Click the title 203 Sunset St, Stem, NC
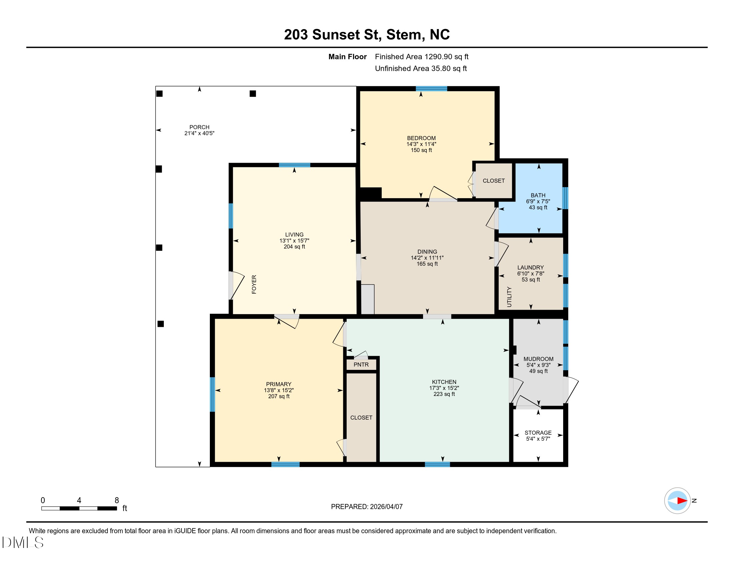tap(367, 35)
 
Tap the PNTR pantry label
tap(361, 365)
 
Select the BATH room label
tap(538, 195)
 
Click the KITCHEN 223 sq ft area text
tap(444, 394)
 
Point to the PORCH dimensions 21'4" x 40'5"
tap(199, 133)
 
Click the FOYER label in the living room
tap(254, 284)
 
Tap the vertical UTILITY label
tap(509, 297)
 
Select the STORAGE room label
tap(538, 433)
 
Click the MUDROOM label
tap(538, 359)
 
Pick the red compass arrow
tap(682, 501)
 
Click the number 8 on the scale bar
tap(117, 501)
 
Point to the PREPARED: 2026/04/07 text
tap(367, 507)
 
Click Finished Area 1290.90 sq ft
tap(421, 57)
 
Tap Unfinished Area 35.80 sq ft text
tap(421, 68)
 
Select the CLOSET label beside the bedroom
tap(493, 181)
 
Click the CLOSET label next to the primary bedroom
tap(361, 418)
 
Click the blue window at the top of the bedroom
tap(431, 89)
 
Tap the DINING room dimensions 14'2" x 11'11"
tap(427, 258)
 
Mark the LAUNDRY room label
tap(530, 268)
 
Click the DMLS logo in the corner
tap(23, 542)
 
